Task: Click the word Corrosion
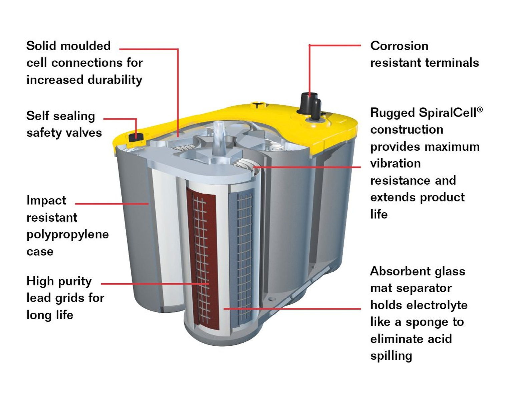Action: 399,46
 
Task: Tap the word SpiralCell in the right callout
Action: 447,113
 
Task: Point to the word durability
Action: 115,80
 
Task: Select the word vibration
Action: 395,163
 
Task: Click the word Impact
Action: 46,201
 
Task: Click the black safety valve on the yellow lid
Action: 136,137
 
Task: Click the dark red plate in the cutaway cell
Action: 202,259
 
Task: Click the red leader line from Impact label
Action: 112,204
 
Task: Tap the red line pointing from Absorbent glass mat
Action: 292,308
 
